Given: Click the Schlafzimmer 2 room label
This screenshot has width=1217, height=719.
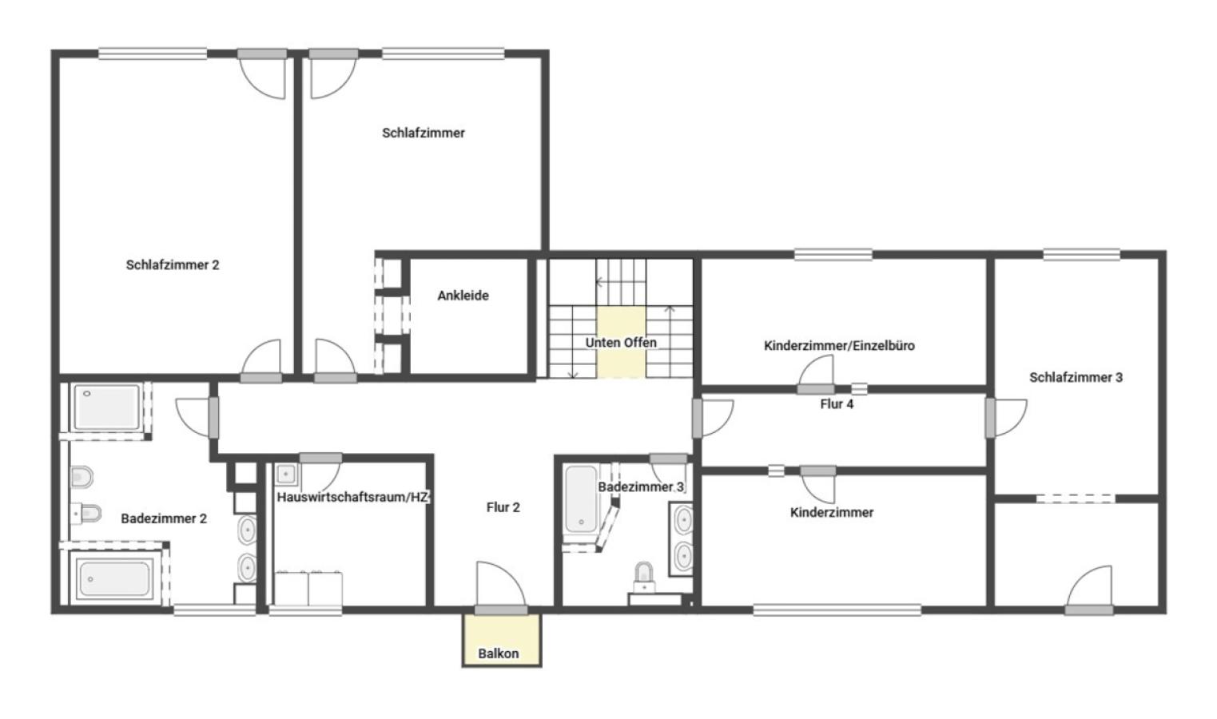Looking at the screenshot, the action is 173,265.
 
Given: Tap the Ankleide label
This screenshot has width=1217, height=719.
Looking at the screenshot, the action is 463,296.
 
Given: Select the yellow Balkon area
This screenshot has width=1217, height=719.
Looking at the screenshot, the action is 502,640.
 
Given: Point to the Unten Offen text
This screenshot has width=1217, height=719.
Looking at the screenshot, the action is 620,343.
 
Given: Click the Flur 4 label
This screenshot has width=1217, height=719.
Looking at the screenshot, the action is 837,404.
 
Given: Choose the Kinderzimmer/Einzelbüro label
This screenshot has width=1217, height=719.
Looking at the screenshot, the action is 839,345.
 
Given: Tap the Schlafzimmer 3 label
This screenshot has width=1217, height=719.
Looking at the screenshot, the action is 1076,377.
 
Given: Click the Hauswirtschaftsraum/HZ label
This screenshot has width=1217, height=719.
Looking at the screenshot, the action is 353,497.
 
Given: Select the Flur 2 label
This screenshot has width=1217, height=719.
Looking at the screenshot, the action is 503,507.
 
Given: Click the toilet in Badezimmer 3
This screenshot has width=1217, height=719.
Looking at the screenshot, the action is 644,577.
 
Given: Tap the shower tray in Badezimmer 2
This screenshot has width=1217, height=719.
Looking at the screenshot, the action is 107,407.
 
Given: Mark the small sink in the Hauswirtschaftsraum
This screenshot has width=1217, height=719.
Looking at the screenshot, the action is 286,474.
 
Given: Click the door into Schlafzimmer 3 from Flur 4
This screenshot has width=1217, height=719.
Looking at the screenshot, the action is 1006,418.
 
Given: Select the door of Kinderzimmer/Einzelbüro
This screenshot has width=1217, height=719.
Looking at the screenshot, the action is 816,375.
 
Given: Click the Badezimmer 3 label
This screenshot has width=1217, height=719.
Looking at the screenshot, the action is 641,487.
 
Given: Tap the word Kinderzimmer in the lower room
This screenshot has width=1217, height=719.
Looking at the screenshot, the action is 831,512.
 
